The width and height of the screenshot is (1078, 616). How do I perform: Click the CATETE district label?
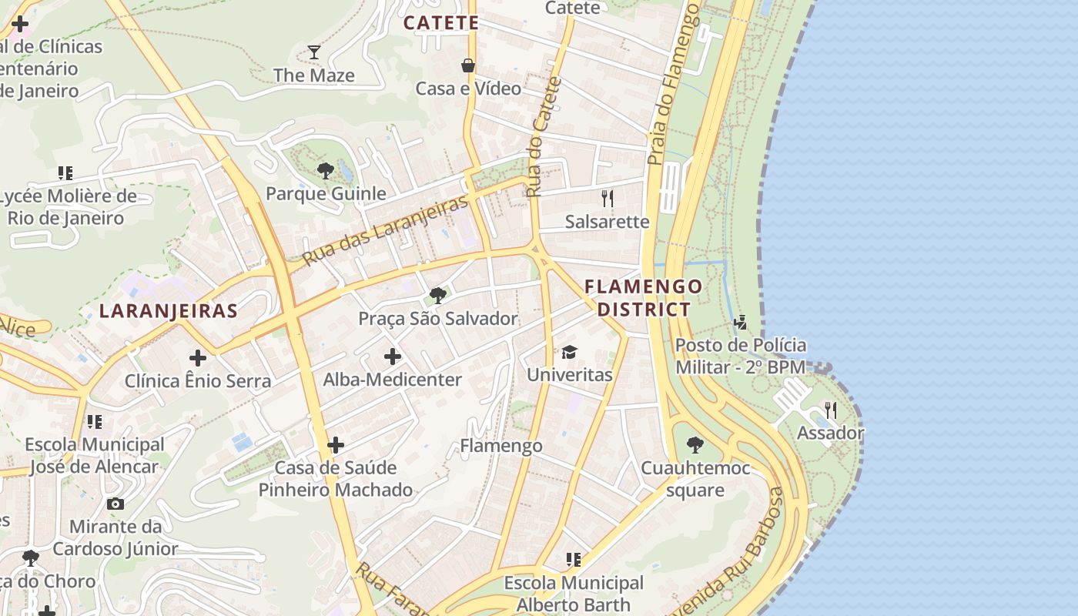(x=441, y=23)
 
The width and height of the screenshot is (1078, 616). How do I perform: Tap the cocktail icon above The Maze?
(x=314, y=52)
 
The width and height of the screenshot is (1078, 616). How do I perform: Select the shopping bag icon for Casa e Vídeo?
(x=467, y=65)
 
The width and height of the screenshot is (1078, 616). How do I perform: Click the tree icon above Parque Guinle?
(x=325, y=170)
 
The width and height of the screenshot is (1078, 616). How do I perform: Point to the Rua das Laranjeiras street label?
(x=386, y=230)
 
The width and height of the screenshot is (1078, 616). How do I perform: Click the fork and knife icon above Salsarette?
(x=608, y=199)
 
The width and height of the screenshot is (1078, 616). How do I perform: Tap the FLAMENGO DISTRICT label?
(x=644, y=298)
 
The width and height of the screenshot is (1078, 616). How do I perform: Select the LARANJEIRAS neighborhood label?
(x=169, y=311)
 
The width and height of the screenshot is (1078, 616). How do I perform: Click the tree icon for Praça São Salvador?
(x=438, y=295)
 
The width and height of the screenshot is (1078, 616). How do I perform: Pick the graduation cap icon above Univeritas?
(x=569, y=352)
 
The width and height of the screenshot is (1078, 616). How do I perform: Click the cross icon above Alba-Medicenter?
(x=393, y=357)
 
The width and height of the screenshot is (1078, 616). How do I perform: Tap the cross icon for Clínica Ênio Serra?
(x=198, y=358)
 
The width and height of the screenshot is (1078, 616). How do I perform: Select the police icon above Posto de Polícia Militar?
(x=740, y=323)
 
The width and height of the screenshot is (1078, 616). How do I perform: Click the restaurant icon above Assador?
(x=830, y=410)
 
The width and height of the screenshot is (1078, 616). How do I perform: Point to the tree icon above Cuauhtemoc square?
(x=695, y=444)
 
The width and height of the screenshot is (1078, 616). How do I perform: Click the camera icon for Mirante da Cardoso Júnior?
(x=115, y=504)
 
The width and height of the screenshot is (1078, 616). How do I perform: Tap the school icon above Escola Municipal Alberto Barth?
(x=573, y=560)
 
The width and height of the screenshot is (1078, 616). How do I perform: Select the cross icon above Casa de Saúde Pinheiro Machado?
(x=336, y=445)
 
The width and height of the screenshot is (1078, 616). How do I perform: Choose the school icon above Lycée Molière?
(x=65, y=173)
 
